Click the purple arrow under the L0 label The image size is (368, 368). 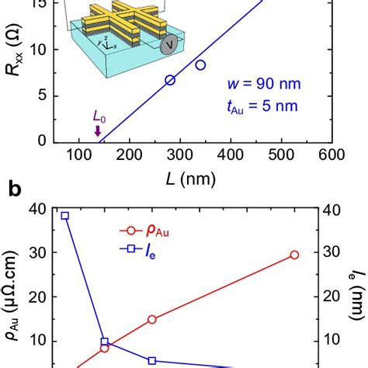[x=97, y=133]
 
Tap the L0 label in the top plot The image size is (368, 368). [x=99, y=116]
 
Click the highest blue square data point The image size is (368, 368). [x=65, y=216]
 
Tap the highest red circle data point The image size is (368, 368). [x=294, y=255]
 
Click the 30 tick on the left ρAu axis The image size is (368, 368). [x=36, y=252]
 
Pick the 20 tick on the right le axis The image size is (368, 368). [x=335, y=297]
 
